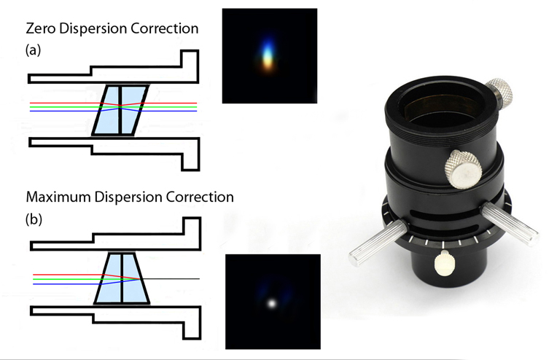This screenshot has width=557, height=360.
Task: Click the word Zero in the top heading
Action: [42, 30]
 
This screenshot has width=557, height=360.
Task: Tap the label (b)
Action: [34, 218]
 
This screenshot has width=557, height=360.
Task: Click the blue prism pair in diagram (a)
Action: [121, 109]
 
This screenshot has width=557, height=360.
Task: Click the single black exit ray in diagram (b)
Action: [175, 278]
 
